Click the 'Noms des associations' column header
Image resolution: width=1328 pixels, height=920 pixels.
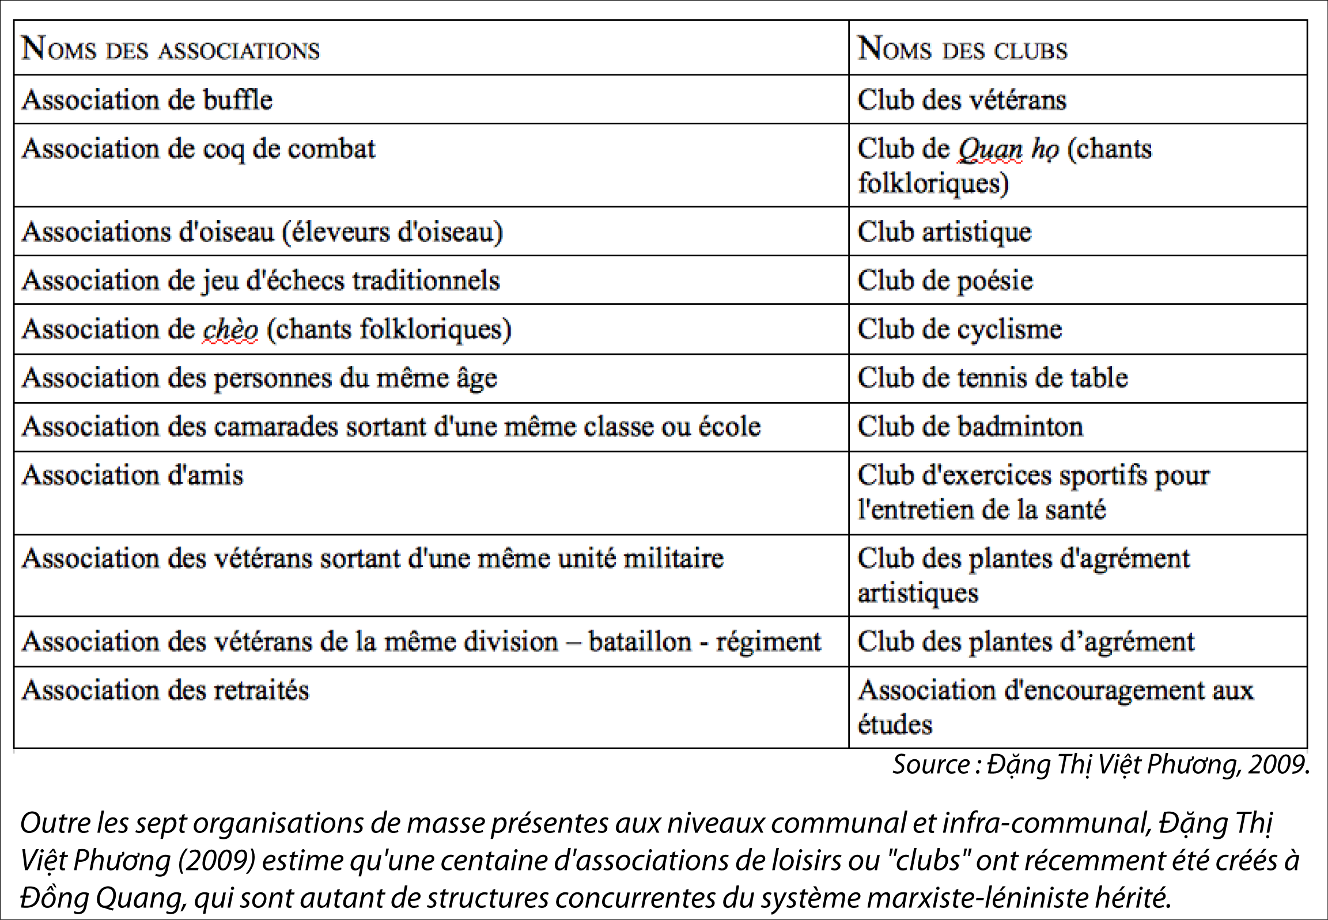(171, 48)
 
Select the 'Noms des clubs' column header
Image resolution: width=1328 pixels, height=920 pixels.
(962, 48)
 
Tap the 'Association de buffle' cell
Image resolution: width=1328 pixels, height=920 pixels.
(147, 100)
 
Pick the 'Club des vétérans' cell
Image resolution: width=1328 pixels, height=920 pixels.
(962, 100)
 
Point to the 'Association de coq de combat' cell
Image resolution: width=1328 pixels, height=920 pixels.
(199, 149)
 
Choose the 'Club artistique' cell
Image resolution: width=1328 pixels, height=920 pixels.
(945, 232)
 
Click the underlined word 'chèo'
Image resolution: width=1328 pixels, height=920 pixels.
(230, 330)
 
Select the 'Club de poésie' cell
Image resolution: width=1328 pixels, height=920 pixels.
(945, 281)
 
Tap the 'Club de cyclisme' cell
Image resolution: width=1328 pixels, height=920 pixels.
(960, 330)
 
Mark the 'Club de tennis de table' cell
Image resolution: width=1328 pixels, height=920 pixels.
(993, 378)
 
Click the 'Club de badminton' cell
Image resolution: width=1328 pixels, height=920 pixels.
(970, 427)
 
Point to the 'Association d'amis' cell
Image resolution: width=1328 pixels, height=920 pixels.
(133, 476)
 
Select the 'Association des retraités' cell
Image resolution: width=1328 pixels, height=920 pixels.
(165, 690)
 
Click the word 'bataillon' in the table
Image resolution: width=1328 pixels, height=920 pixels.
(640, 642)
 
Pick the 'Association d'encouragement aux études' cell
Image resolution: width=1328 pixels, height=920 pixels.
(1055, 707)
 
